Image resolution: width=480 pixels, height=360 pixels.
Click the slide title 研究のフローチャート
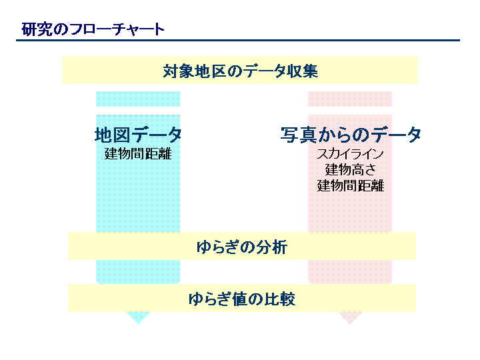tap(93, 29)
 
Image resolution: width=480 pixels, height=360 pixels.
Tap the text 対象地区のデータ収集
tap(240, 71)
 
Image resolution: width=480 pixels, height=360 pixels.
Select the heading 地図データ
tap(138, 135)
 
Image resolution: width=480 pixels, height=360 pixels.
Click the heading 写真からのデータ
tap(351, 135)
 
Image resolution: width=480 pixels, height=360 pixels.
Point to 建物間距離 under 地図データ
tap(138, 154)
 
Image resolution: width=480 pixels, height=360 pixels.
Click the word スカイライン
tap(351, 154)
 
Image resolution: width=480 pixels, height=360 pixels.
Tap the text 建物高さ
tap(351, 169)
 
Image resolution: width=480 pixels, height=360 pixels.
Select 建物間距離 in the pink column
tap(351, 185)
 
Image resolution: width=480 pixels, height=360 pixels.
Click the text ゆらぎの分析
tap(242, 247)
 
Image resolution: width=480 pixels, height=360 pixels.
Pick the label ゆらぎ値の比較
tap(242, 299)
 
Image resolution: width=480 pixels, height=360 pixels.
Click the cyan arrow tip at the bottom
tap(138, 323)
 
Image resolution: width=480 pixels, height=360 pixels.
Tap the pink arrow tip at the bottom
tap(350, 323)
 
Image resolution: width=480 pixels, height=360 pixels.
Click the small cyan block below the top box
tap(138, 99)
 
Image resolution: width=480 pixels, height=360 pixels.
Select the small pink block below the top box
tap(350, 99)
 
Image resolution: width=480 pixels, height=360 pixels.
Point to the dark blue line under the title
tap(238, 40)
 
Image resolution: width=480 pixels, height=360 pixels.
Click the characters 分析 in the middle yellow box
tap(272, 247)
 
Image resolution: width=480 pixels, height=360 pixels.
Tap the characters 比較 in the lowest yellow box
tap(280, 299)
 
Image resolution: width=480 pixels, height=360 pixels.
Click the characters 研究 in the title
tap(37, 29)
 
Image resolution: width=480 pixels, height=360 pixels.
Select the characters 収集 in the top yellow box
tap(303, 71)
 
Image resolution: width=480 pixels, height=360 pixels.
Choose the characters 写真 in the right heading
tap(299, 135)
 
